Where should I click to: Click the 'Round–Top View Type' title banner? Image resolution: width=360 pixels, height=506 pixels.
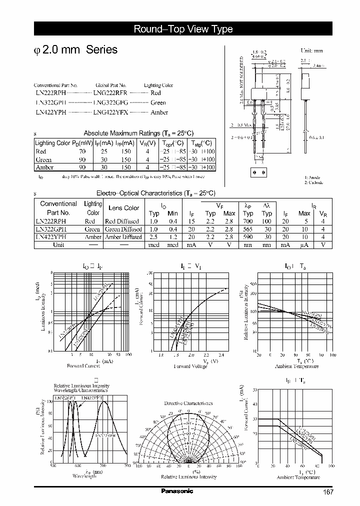click(x=183, y=29)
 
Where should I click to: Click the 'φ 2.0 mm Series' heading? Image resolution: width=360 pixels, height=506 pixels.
click(x=75, y=50)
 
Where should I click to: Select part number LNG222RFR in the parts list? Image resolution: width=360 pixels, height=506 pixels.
click(x=110, y=93)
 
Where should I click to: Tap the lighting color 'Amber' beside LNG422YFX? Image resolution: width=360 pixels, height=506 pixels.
click(x=159, y=113)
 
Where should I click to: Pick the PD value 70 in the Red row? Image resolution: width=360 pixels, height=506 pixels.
click(x=82, y=151)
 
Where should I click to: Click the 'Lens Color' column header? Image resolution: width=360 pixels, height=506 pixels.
click(x=124, y=208)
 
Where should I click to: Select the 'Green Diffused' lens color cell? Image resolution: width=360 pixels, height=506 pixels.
click(x=123, y=229)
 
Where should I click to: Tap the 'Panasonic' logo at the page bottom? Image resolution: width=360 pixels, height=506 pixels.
click(x=177, y=491)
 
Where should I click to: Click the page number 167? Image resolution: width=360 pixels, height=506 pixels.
click(x=328, y=492)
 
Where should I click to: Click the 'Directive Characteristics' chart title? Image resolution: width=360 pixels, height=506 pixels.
click(x=188, y=403)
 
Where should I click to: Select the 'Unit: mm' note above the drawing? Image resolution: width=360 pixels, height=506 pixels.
click(x=311, y=51)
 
